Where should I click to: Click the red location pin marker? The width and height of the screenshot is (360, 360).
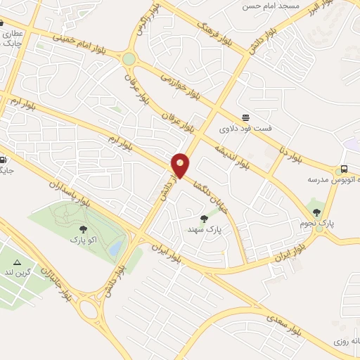181,165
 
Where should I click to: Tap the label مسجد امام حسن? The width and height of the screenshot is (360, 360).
271,6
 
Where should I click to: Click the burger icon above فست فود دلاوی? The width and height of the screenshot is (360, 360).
245,117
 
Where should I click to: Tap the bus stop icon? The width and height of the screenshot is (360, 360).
345,169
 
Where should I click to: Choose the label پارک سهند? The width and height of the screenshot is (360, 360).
205,229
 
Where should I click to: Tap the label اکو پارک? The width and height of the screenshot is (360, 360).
82,240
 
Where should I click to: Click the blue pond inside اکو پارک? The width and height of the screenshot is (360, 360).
117,245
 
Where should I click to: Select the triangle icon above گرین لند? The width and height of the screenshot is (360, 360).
17,262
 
